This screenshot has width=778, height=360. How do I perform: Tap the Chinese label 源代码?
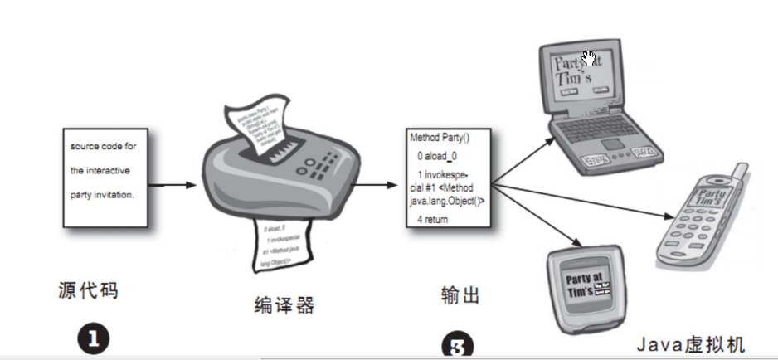point(88,290)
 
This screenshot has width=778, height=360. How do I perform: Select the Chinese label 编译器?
point(284,305)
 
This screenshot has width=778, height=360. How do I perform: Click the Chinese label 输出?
point(460,294)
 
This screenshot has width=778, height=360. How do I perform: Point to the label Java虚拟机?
point(691,344)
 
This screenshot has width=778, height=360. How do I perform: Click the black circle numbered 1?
point(93,339)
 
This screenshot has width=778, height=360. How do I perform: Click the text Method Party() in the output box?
point(439,135)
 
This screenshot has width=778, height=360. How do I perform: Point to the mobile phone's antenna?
point(738,175)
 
